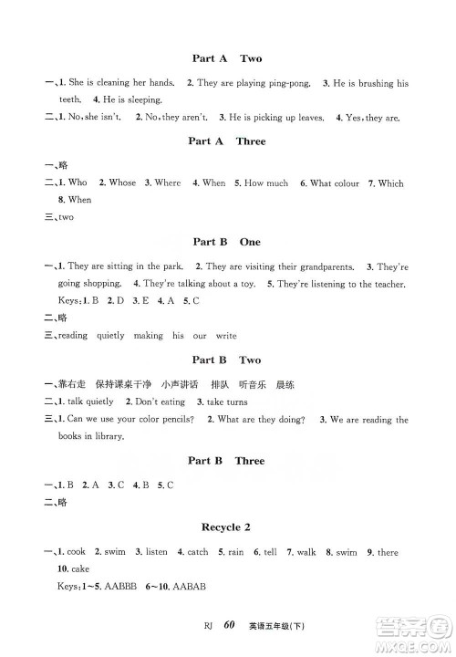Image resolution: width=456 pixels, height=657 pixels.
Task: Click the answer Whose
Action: [122, 182]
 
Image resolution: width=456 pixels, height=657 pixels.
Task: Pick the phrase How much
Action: [266, 182]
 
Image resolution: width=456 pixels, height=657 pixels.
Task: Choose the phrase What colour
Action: [335, 182]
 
